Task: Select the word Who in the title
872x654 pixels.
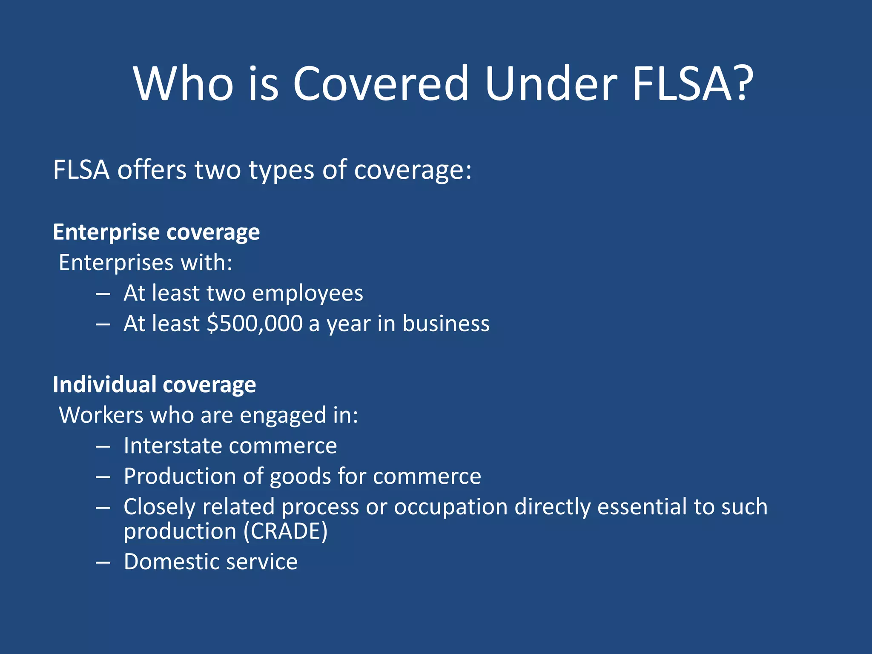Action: pyautogui.click(x=184, y=83)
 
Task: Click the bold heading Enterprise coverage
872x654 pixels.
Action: pyautogui.click(x=156, y=232)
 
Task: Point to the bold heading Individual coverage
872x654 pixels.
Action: pyautogui.click(x=154, y=385)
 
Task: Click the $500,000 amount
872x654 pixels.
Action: pyautogui.click(x=255, y=324)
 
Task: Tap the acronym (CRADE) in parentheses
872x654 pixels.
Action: pyautogui.click(x=286, y=531)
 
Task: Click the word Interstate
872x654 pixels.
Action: pyautogui.click(x=173, y=446)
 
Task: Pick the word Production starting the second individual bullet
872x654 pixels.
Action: pyautogui.click(x=180, y=476)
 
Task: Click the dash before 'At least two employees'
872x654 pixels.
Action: pyautogui.click(x=103, y=294)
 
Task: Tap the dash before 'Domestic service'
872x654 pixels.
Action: pyautogui.click(x=103, y=562)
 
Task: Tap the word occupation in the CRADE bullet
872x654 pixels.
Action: pyautogui.click(x=450, y=507)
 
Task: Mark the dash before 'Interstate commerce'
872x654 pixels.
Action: pyautogui.click(x=103, y=447)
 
